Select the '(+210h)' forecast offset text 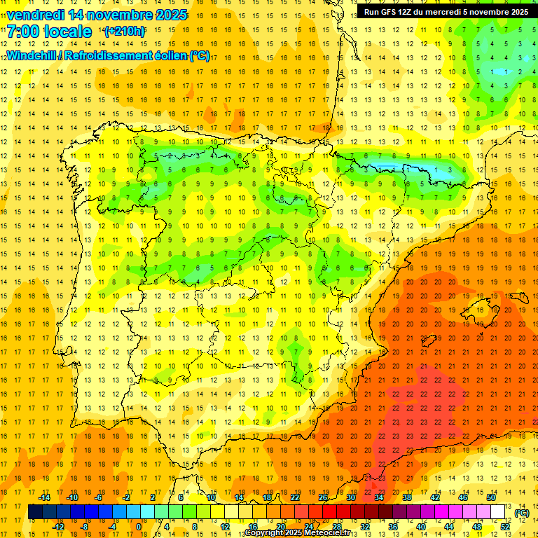point(125,32)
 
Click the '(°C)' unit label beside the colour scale point(522,513)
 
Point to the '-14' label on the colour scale point(46,497)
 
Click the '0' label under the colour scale point(138,526)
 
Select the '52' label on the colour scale point(505,526)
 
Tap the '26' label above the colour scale point(323,497)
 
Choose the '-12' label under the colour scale point(59,526)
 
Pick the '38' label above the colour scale point(406,497)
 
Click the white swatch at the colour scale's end point(498,512)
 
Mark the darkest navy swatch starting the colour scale point(35,512)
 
